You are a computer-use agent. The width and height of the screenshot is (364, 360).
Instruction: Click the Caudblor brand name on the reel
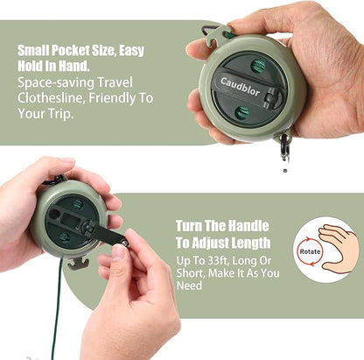tap(240, 87)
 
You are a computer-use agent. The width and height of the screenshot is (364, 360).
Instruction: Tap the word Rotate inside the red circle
tap(310, 251)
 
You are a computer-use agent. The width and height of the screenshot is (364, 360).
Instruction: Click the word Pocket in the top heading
tap(70, 51)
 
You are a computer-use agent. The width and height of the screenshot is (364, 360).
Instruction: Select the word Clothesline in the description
tap(51, 98)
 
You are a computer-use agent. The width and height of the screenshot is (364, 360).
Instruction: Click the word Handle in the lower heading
tap(248, 226)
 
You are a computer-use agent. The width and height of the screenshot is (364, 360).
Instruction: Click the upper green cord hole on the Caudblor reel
tap(258, 67)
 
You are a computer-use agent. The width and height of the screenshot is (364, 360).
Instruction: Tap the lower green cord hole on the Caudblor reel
tap(242, 113)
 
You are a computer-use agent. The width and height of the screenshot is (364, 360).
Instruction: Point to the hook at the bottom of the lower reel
tap(77, 264)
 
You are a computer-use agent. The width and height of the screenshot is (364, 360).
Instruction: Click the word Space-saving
tap(55, 82)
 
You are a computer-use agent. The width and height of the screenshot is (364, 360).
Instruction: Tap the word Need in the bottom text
tap(189, 286)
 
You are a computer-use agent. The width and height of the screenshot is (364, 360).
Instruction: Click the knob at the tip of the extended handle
tap(125, 243)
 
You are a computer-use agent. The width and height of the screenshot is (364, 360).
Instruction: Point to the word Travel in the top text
tap(115, 82)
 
